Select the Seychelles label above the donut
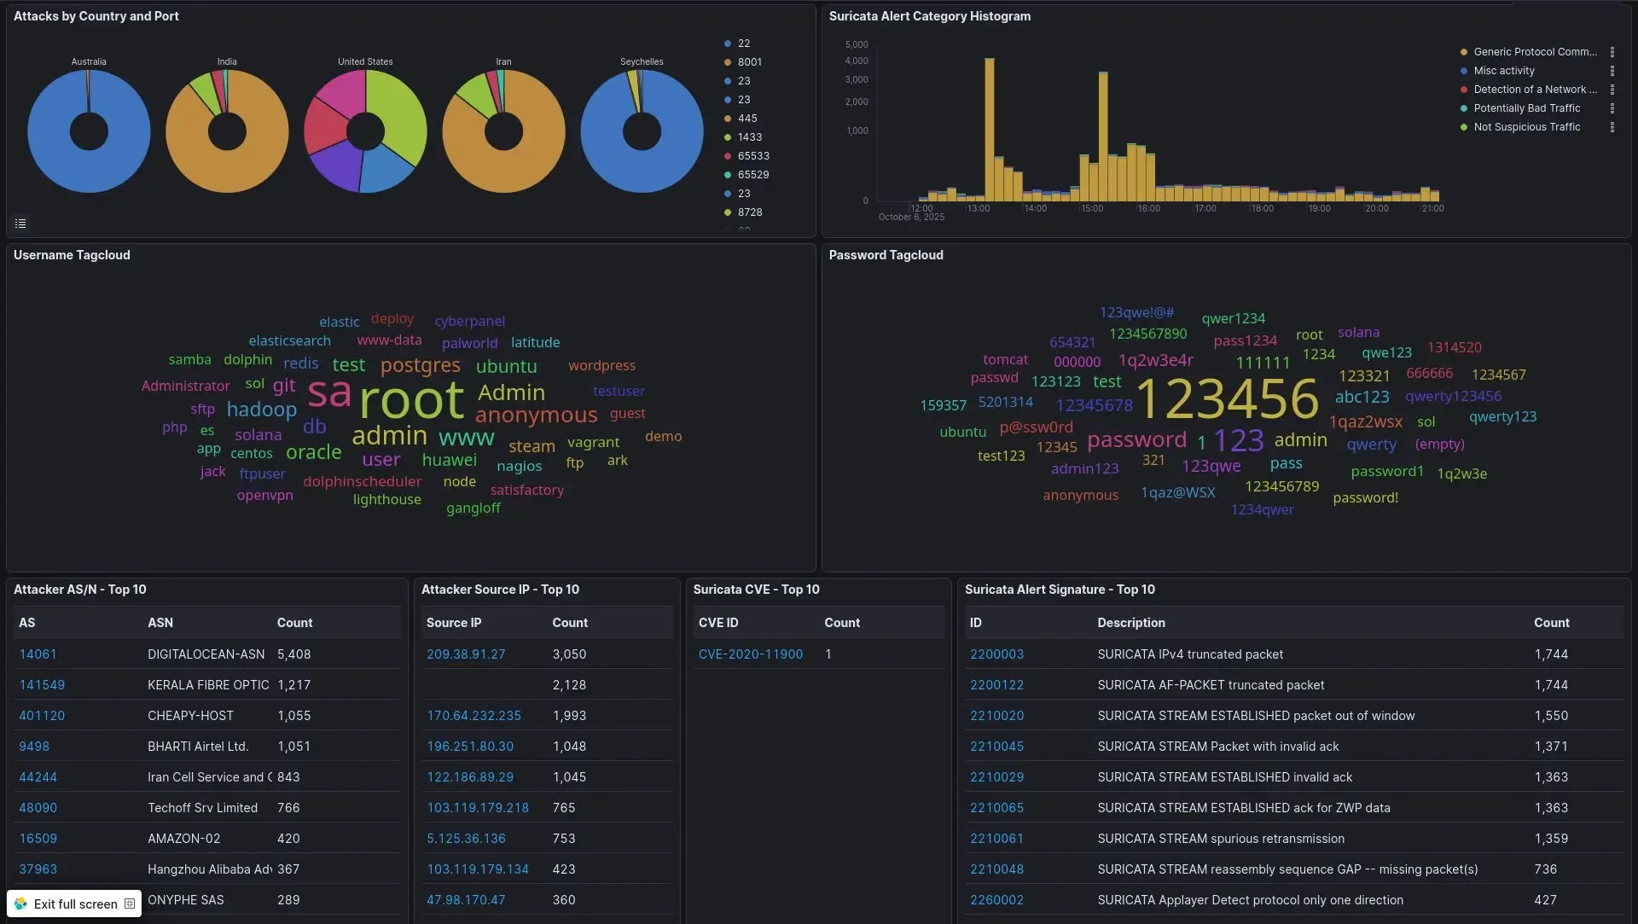pos(642,62)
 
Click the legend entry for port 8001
pos(749,62)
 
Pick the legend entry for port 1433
pos(749,137)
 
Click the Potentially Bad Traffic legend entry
pos(1526,108)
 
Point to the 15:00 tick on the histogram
pos(1092,209)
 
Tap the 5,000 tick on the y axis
pos(856,44)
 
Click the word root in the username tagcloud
pos(411,400)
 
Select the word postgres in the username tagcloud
pos(420,366)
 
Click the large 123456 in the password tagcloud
pos(1227,398)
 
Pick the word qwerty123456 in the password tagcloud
pos(1453,396)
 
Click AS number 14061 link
pos(38,654)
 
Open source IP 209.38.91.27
pos(466,654)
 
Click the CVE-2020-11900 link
pos(750,654)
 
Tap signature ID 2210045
pos(996,747)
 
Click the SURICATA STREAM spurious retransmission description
pos(1220,839)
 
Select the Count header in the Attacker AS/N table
pos(294,623)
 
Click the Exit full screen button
pos(74,904)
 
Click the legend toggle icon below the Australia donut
pos(20,224)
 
